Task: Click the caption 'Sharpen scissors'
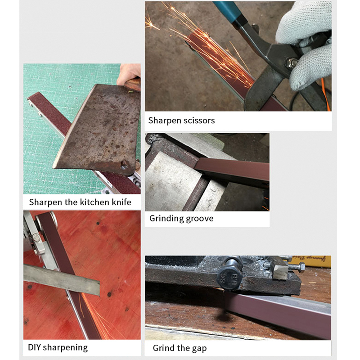click(181, 121)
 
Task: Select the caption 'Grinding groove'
click(181, 219)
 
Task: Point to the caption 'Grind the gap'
click(180, 348)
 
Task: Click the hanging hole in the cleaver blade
click(123, 167)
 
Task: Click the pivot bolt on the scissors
click(293, 63)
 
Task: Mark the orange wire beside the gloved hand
click(326, 99)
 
